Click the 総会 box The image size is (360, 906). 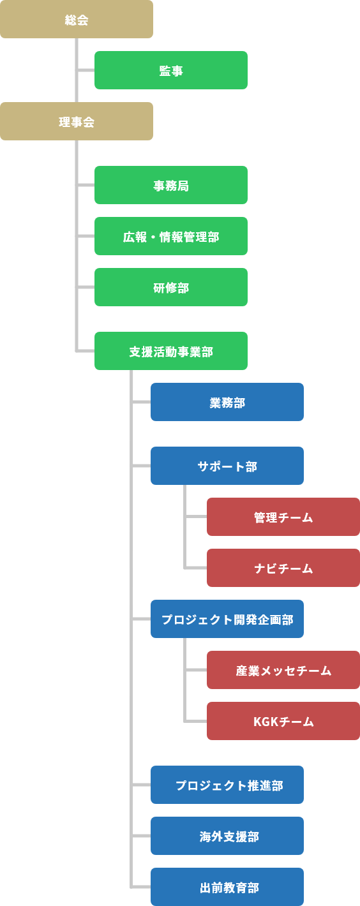tap(77, 19)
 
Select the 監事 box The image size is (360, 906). tap(171, 70)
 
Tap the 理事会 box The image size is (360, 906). tap(77, 121)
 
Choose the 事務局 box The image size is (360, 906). tap(171, 185)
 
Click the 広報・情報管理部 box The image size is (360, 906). tap(171, 236)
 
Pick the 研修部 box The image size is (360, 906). tap(171, 286)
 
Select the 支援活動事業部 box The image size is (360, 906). tap(171, 351)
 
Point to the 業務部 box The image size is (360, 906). tap(227, 401)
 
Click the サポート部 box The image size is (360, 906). tap(227, 466)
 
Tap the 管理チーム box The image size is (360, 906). tap(283, 517)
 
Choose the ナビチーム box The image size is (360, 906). tap(283, 567)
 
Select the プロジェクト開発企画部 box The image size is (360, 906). tap(227, 619)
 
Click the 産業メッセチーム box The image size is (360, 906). tap(283, 670)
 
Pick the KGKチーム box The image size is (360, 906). tap(283, 721)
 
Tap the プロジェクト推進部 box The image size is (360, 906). tap(227, 785)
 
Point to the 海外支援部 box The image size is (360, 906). tap(227, 836)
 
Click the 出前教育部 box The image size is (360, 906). tap(227, 887)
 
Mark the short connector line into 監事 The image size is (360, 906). tap(86, 70)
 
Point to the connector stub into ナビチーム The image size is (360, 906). tap(196, 567)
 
